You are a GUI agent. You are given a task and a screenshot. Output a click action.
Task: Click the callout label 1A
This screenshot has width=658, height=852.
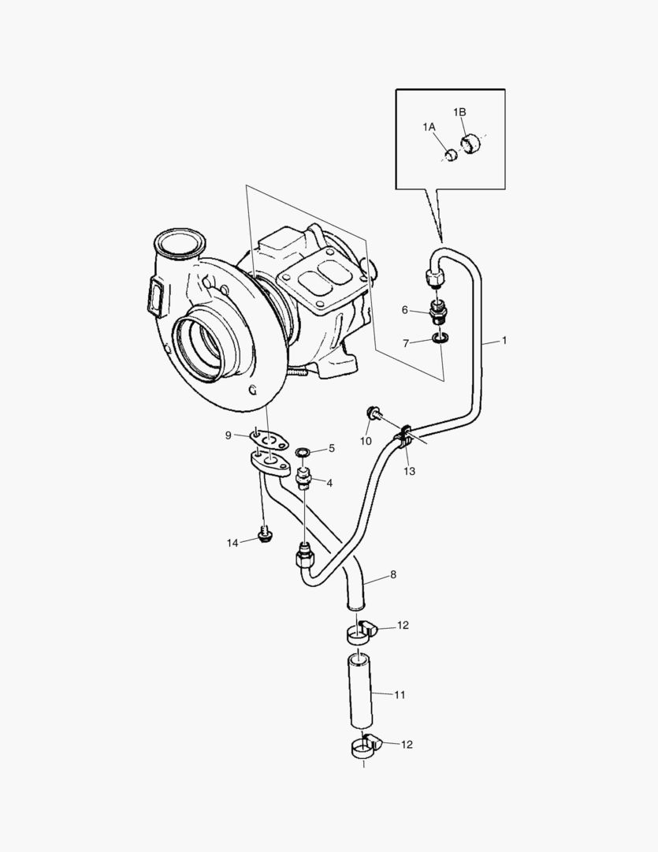click(429, 127)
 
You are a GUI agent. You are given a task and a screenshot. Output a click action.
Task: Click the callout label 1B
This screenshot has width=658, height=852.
click(459, 113)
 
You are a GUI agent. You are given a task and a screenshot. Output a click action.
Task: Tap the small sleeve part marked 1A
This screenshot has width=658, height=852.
click(451, 155)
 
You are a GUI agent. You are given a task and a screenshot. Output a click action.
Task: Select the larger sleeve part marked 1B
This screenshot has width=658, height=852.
click(473, 144)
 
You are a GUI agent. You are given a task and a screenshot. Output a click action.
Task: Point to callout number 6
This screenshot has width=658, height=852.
click(405, 310)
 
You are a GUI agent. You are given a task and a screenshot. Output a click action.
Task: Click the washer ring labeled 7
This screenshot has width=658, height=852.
click(441, 340)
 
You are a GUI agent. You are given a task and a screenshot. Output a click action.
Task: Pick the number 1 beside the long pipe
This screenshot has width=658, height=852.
click(504, 341)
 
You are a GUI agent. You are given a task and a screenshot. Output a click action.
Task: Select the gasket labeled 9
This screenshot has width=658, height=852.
click(268, 438)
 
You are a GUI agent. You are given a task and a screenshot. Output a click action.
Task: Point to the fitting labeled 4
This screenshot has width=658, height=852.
click(303, 477)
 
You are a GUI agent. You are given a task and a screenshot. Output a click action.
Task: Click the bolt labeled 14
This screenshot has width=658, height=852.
click(265, 536)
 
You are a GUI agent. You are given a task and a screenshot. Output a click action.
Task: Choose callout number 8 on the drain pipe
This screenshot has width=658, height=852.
click(392, 574)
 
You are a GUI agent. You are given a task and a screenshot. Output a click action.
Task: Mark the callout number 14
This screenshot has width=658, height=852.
click(232, 542)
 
